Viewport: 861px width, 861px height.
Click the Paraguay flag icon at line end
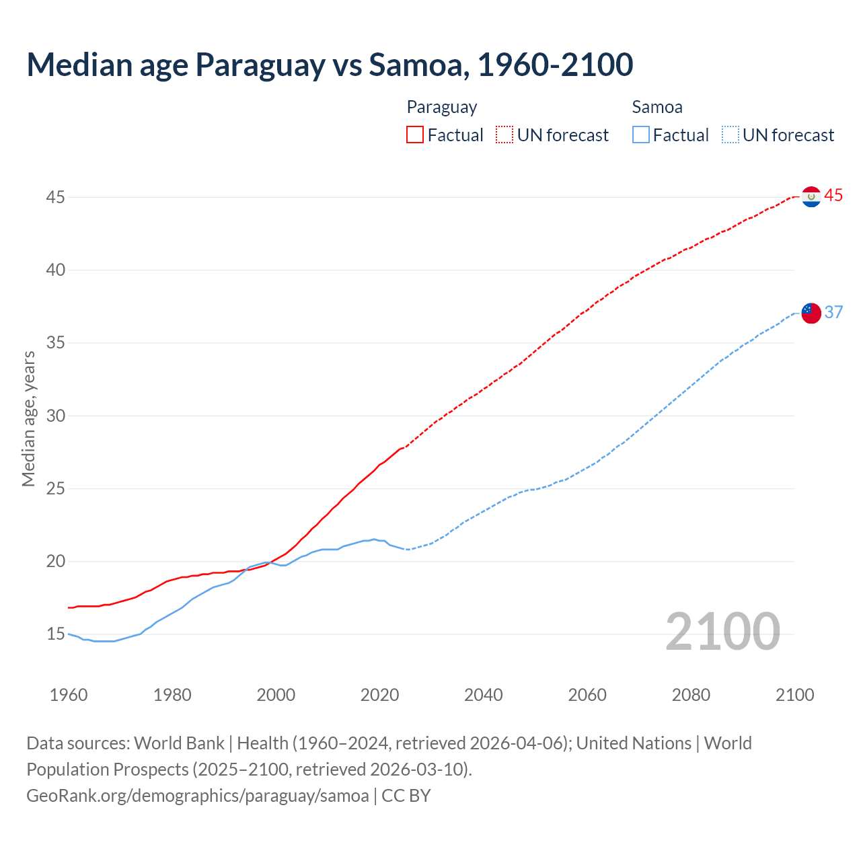(x=811, y=196)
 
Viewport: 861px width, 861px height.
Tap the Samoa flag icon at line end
(x=811, y=313)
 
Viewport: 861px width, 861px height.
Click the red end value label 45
(x=833, y=196)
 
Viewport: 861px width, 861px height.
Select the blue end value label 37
(x=833, y=312)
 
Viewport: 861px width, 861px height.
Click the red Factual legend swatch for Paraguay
(x=415, y=135)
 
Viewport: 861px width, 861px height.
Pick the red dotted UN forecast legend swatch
(x=504, y=135)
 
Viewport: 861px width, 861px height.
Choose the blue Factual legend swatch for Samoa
(x=640, y=135)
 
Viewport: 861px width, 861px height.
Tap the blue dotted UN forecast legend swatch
(x=730, y=135)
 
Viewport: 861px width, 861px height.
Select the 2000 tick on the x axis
(x=276, y=695)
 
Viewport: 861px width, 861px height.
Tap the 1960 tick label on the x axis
(x=69, y=695)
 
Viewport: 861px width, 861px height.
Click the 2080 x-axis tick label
(x=691, y=695)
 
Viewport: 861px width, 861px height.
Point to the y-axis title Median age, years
(x=28, y=418)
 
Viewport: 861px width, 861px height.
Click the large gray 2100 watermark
(x=722, y=632)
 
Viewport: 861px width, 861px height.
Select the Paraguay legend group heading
(x=442, y=107)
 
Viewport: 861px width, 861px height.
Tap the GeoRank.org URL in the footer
(x=197, y=796)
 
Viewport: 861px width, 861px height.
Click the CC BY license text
(x=406, y=796)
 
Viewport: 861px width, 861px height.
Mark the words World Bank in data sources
(x=179, y=743)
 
